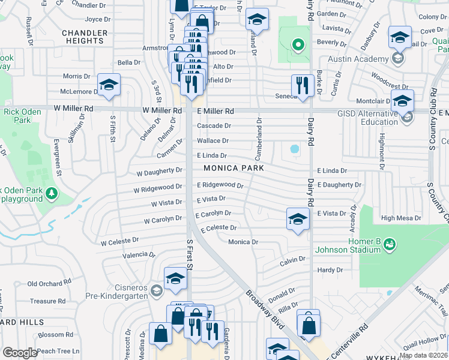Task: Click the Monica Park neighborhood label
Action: (x=233, y=169)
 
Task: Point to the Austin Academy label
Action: (x=358, y=59)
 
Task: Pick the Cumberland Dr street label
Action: (x=259, y=135)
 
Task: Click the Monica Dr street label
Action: (x=243, y=242)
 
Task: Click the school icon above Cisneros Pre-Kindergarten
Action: (x=175, y=278)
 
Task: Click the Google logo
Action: (x=20, y=353)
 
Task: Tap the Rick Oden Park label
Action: (x=17, y=116)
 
